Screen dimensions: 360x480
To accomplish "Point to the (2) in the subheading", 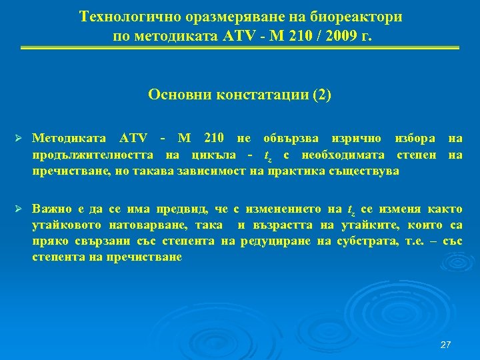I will [321, 95].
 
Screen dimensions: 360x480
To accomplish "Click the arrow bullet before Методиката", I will [21, 139].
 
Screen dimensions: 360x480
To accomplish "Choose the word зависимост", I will [217, 171].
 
